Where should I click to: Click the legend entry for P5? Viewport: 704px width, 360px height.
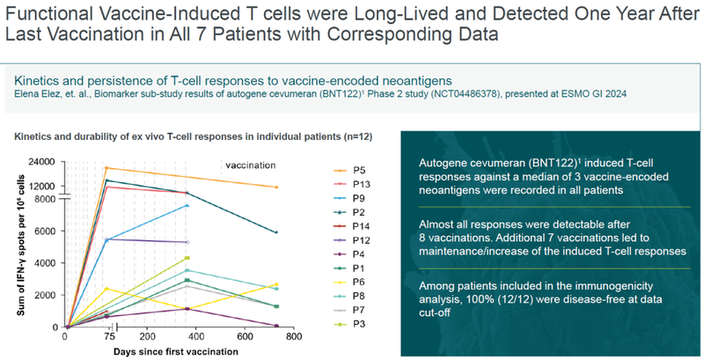(350, 169)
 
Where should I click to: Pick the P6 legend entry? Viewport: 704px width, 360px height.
(350, 283)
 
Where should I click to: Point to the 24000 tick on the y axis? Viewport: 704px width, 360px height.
(41, 162)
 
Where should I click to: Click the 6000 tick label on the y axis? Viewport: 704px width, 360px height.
(44, 231)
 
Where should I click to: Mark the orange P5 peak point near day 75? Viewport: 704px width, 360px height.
(106, 168)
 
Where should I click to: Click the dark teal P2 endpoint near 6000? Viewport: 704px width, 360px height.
(276, 232)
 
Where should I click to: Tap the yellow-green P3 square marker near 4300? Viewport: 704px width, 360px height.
(187, 258)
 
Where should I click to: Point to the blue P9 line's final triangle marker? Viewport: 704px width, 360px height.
(187, 205)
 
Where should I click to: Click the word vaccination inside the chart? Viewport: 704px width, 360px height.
(250, 165)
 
